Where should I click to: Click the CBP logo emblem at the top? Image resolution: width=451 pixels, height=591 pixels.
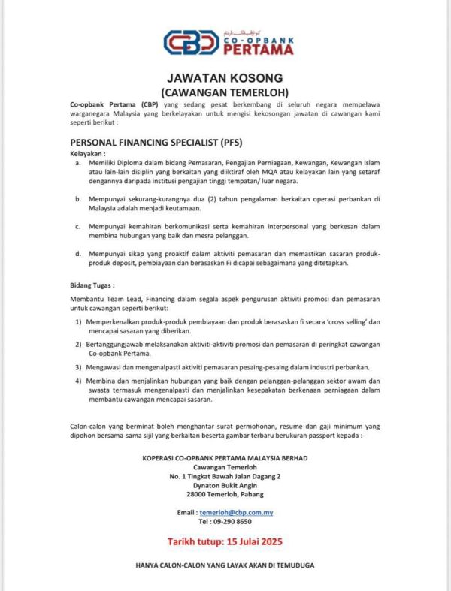pos(192,41)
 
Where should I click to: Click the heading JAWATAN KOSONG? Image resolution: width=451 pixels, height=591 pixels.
pos(225,77)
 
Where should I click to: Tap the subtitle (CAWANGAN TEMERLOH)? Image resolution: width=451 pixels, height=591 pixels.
pos(225,91)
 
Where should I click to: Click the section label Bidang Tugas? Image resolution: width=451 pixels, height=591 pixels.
pos(92,286)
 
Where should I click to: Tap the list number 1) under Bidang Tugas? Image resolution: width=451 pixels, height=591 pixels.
pos(79,321)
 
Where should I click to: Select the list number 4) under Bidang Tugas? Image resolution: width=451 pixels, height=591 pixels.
pos(79,381)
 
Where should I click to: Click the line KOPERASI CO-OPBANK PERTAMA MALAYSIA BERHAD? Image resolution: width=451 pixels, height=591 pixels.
pos(225,457)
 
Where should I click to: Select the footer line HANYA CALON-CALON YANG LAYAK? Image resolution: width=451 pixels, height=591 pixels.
pos(225,565)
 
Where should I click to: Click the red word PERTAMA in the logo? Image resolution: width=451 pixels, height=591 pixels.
pos(258,49)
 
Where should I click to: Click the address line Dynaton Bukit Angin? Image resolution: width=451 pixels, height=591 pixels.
pos(225,485)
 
